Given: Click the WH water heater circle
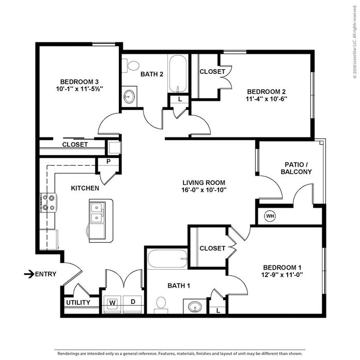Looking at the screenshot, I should click(270, 216).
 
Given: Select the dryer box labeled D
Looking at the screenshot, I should click(132, 302).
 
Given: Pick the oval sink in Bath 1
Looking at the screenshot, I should click(195, 307).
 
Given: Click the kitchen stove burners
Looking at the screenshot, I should click(49, 202).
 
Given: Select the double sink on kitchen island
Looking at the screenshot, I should click(97, 212).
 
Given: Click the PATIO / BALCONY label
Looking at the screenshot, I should click(296, 168).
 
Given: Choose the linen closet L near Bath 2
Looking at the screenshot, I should click(179, 99).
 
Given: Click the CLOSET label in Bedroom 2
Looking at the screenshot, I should click(212, 72).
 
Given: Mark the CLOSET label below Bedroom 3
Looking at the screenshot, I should click(75, 145).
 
